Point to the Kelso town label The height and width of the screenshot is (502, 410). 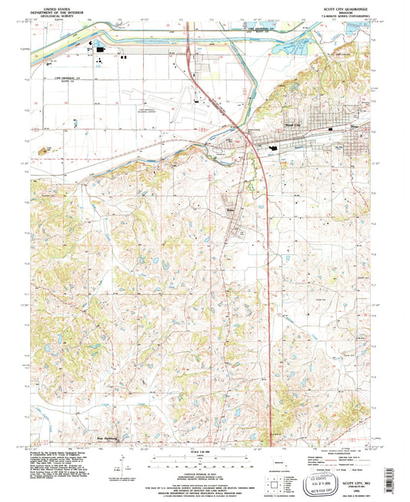(229, 208)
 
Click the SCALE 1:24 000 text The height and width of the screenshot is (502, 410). (205, 451)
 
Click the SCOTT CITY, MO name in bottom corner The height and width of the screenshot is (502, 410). (355, 477)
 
